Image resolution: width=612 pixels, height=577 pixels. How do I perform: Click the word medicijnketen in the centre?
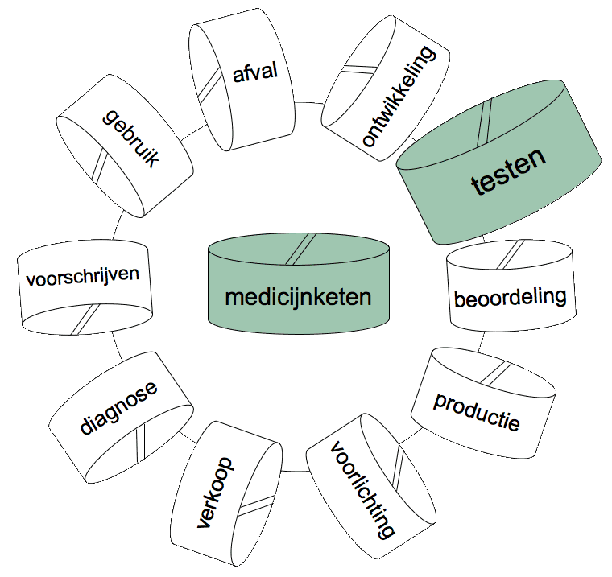(298, 298)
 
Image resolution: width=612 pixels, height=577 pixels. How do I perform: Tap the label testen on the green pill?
(508, 171)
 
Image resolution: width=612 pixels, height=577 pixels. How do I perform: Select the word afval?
(255, 72)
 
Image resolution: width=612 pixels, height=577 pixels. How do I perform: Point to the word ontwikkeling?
(398, 96)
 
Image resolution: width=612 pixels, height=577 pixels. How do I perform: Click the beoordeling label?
(510, 298)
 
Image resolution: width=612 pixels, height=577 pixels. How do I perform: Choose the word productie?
(477, 411)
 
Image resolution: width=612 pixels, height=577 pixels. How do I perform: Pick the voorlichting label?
(362, 490)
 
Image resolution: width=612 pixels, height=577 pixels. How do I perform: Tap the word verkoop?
(215, 493)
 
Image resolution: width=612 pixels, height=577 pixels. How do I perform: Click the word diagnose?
(118, 407)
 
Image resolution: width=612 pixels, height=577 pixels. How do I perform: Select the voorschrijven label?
(83, 276)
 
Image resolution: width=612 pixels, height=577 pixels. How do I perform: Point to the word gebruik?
(131, 138)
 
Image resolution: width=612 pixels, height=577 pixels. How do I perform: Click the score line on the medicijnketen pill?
(300, 249)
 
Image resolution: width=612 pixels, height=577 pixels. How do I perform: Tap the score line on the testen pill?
(484, 122)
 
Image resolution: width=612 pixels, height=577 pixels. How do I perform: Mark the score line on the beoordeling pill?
(511, 255)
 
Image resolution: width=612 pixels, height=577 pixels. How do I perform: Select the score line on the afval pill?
(209, 84)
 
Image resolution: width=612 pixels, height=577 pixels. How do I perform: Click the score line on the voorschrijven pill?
(86, 319)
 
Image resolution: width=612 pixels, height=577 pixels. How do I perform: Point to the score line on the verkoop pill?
(256, 506)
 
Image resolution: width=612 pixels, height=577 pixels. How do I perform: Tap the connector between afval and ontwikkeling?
(309, 102)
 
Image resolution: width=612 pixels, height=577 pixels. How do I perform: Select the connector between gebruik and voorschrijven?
(117, 225)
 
